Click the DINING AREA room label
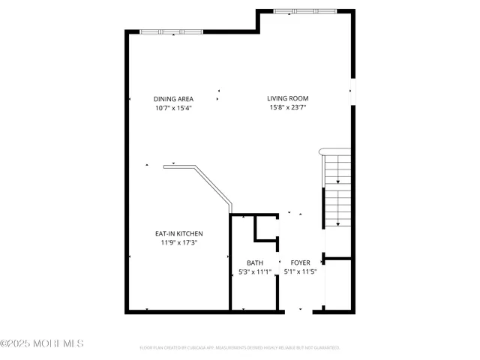[173, 98]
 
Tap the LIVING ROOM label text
[288, 98]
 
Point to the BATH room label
[255, 262]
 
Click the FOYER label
[300, 262]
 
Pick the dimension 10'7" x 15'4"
[173, 108]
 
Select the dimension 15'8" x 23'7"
[288, 108]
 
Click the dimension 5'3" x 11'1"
[255, 271]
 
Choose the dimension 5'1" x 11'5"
[300, 271]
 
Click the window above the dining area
[171, 31]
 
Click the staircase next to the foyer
[337, 191]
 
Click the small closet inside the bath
[266, 228]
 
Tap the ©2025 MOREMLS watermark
[42, 343]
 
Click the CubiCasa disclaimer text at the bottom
[240, 348]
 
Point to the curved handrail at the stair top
[322, 151]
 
